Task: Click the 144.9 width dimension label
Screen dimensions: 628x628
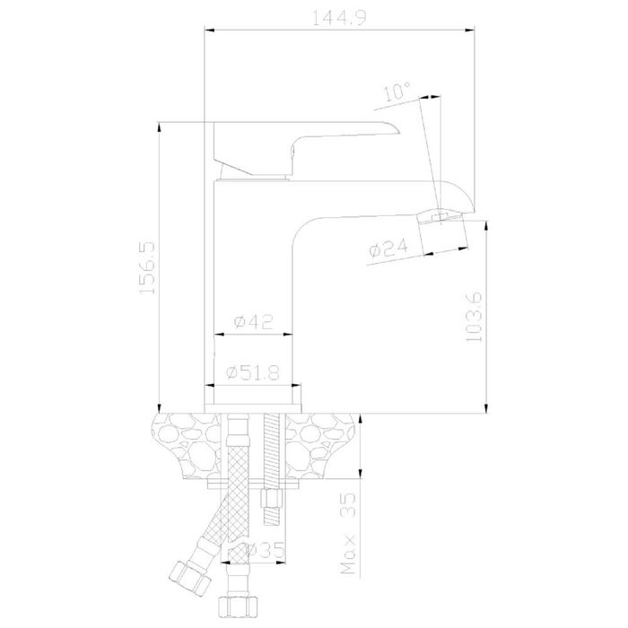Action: [x=339, y=18]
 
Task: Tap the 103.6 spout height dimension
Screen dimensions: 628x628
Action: [x=475, y=317]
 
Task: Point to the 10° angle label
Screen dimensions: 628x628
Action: [x=397, y=92]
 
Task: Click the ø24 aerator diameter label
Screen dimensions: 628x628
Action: [x=388, y=248]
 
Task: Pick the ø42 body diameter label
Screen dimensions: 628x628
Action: [x=254, y=321]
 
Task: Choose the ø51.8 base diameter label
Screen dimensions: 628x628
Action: [x=253, y=373]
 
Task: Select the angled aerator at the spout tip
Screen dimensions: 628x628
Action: [x=442, y=231]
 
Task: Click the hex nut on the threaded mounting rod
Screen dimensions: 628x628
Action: [x=272, y=499]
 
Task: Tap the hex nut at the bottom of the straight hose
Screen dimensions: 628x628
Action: [x=238, y=606]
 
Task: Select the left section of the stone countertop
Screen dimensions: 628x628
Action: [x=187, y=446]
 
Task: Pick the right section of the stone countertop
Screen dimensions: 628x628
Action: [x=320, y=446]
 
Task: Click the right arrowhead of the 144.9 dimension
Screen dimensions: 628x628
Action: [x=469, y=30]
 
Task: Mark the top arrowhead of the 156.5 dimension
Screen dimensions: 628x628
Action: [x=160, y=127]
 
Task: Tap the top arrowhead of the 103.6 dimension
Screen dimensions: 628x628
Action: [x=486, y=227]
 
